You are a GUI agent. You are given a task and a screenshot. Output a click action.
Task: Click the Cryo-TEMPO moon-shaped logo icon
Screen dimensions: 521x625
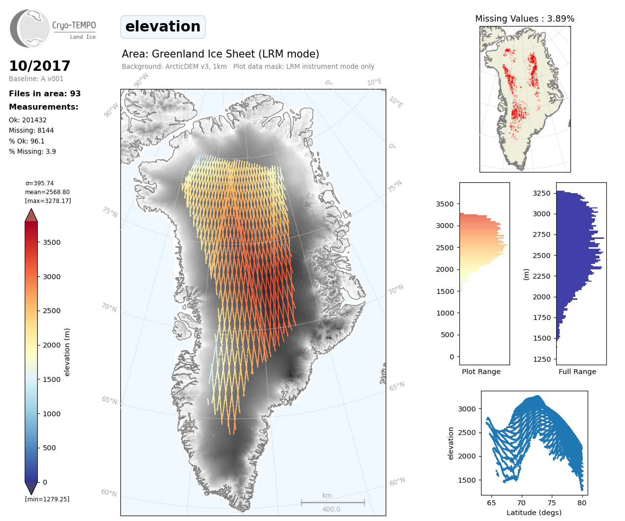(29, 28)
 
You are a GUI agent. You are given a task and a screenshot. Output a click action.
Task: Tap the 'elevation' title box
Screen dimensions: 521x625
(163, 27)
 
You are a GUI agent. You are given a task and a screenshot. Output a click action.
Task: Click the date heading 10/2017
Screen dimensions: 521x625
(40, 66)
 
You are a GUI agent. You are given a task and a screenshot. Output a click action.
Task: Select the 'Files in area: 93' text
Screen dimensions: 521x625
(45, 94)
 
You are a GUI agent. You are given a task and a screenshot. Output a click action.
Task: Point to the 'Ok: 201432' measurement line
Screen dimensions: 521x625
(28, 120)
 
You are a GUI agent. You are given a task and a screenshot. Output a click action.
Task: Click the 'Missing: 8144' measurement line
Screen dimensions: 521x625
(31, 130)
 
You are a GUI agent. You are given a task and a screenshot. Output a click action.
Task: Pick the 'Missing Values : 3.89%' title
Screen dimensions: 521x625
(524, 19)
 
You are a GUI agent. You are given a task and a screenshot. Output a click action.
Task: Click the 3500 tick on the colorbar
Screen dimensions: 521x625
(52, 242)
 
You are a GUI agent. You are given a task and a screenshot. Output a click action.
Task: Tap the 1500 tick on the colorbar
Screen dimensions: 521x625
(52, 379)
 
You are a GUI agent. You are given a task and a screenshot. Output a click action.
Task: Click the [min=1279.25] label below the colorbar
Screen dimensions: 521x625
(47, 499)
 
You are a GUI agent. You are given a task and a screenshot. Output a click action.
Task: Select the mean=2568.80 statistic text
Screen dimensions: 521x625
(47, 192)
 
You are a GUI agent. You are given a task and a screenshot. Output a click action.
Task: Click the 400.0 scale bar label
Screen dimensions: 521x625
(331, 509)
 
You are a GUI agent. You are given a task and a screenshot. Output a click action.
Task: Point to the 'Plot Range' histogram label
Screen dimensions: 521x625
(481, 372)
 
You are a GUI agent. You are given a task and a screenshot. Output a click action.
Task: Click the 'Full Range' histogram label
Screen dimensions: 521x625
(577, 372)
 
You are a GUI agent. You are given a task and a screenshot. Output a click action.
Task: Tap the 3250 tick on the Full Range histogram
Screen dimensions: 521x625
(541, 193)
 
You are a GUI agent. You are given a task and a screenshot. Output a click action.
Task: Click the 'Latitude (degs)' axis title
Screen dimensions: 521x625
(534, 513)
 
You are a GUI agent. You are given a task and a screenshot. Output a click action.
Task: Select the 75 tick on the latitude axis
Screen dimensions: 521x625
(552, 503)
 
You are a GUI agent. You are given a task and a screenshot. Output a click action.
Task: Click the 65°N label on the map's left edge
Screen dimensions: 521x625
(110, 400)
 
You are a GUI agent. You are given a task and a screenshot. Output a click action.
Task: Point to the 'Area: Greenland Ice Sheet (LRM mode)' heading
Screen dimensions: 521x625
(221, 54)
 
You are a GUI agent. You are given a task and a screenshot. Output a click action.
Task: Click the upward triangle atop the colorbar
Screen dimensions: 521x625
(31, 215)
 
